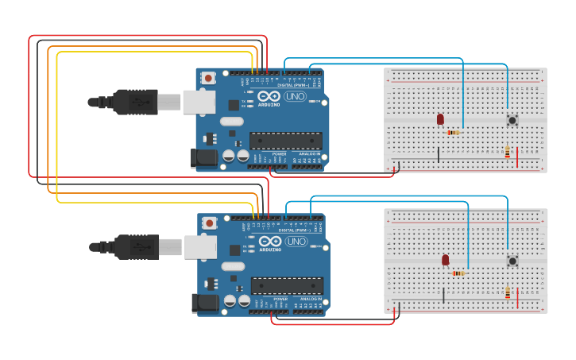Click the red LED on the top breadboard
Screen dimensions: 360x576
point(440,119)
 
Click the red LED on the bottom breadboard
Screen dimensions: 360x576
point(445,259)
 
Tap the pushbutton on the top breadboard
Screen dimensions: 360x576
point(512,120)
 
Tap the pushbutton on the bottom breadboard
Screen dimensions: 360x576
point(512,260)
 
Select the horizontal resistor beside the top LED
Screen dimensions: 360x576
point(454,132)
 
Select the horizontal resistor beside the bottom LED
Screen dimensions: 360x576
point(458,273)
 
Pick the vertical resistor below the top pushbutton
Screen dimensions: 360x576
point(508,151)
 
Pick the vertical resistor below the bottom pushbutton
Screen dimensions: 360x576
point(508,292)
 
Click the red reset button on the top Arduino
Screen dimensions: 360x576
point(208,78)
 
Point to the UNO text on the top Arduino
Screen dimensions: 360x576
point(295,96)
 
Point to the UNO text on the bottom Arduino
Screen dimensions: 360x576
point(296,241)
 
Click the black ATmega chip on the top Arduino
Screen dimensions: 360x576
point(285,141)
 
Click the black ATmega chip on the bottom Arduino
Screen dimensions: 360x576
point(287,285)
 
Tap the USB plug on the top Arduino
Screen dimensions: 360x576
point(135,102)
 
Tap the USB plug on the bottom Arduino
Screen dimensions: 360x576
point(137,246)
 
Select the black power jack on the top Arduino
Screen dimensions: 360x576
point(204,157)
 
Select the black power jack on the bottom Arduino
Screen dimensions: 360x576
point(205,303)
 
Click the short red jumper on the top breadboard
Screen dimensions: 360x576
point(518,157)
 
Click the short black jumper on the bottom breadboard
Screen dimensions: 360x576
point(443,295)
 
